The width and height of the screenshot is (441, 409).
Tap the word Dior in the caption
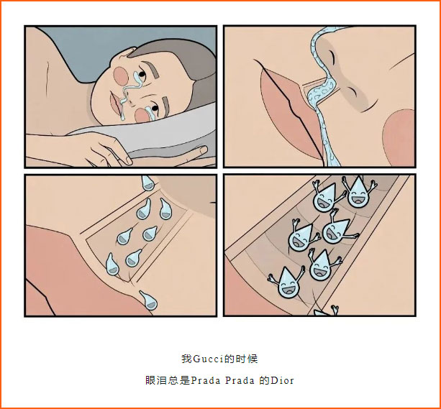click(282, 380)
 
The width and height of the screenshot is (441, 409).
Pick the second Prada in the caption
click(240, 380)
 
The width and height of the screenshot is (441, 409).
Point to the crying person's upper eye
click(142, 75)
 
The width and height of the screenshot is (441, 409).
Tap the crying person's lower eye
click(155, 109)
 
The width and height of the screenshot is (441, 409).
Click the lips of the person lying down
click(116, 104)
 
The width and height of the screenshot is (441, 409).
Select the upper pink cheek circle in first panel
click(121, 76)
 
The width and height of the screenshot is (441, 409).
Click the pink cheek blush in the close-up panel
click(399, 138)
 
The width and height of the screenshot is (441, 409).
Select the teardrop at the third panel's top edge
click(147, 183)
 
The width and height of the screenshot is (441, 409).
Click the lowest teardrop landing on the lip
click(148, 300)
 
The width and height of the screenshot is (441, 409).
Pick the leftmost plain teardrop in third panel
click(112, 265)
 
